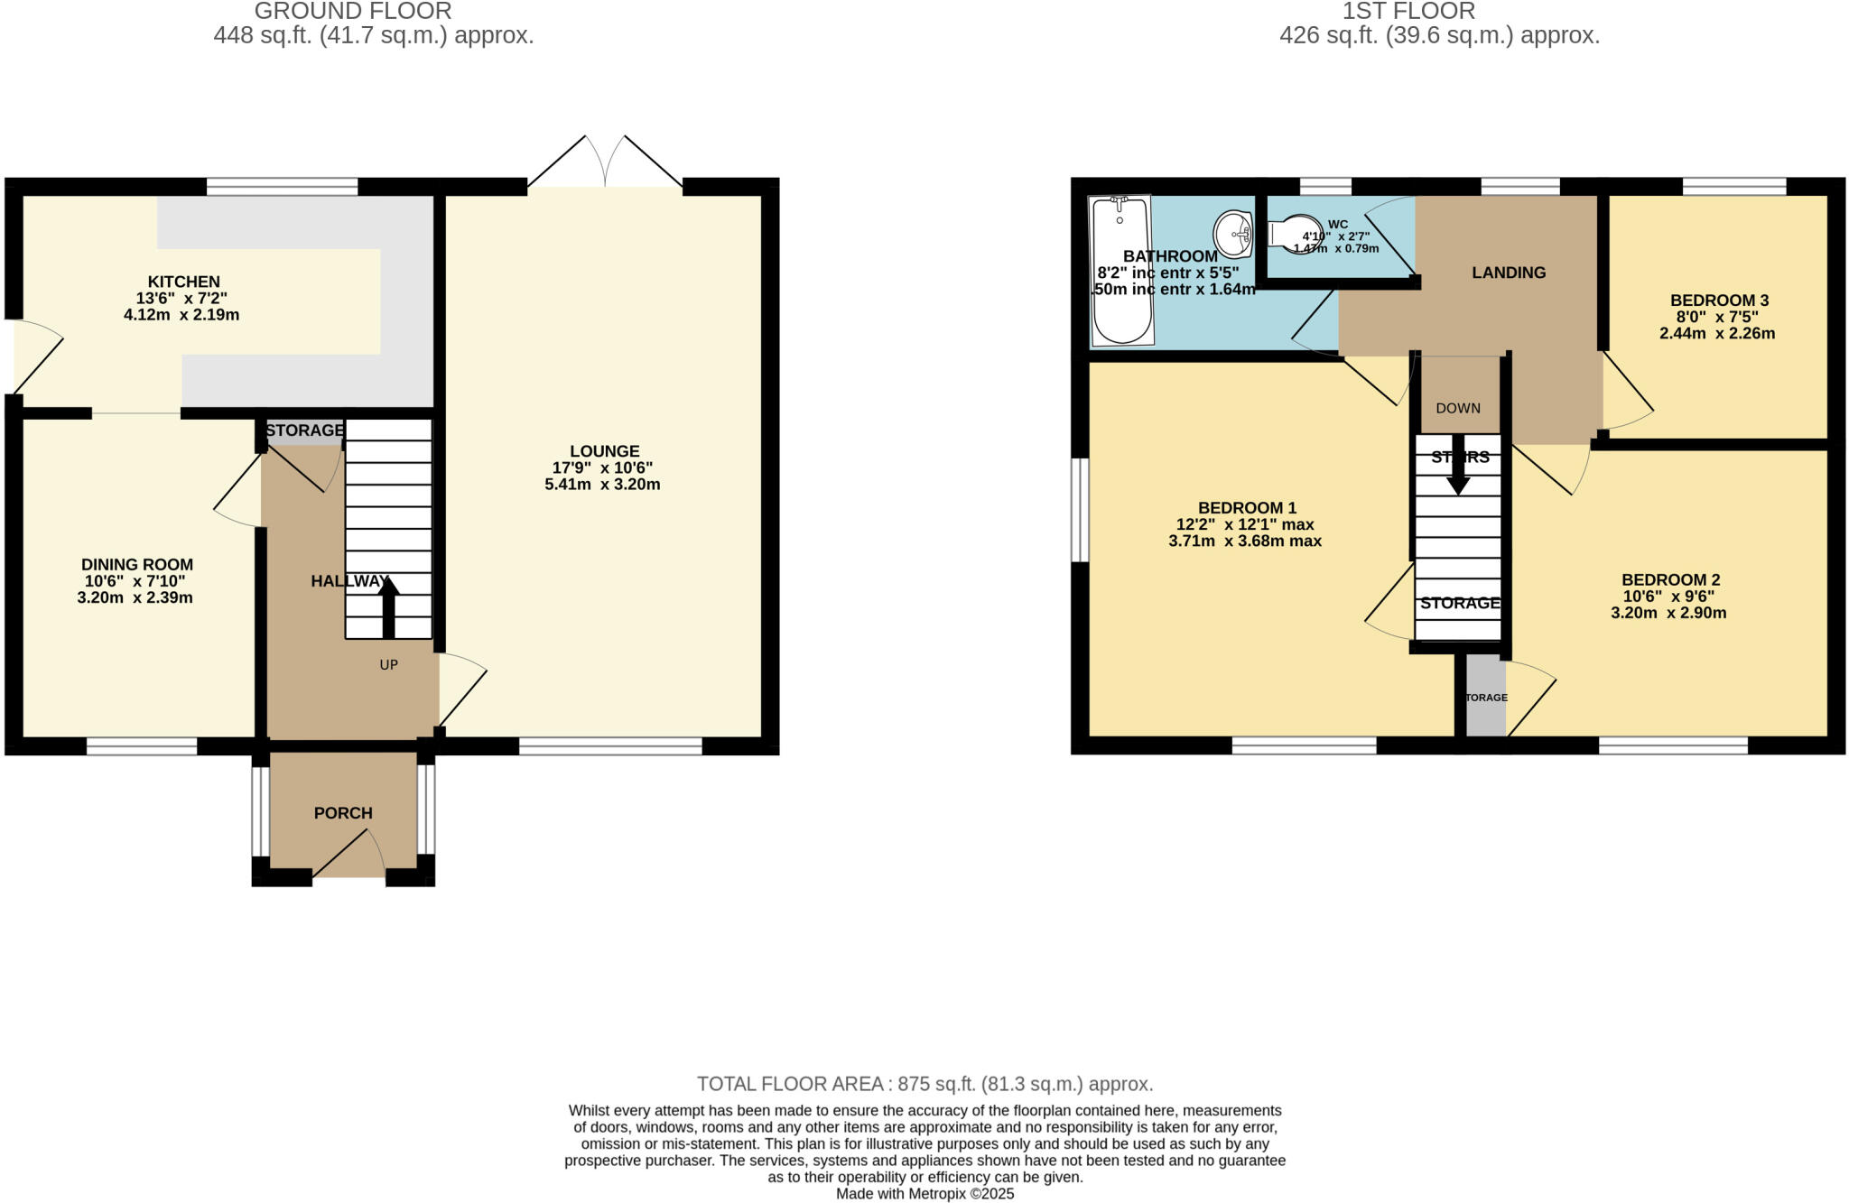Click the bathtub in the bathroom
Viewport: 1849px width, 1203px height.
pos(1121,271)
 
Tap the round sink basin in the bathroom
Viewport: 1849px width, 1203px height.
pos(1231,234)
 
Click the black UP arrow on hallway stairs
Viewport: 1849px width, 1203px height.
pos(388,607)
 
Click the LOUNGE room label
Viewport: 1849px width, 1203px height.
pos(604,451)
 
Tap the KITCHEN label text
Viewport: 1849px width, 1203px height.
pos(184,282)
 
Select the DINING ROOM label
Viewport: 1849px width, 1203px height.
pos(137,564)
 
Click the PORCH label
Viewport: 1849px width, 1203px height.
pos(343,813)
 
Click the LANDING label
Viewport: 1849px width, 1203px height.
pos(1509,273)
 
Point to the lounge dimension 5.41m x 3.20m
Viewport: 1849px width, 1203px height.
pos(602,485)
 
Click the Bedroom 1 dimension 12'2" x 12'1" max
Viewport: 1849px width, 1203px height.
pos(1244,524)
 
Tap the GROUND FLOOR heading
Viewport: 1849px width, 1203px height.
pos(353,12)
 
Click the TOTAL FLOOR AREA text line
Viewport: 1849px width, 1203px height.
pos(924,1084)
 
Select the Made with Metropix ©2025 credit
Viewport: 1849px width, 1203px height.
pos(924,1194)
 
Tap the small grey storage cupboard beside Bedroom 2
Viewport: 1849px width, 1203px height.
pos(1485,697)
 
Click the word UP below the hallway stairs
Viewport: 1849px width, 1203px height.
pos(388,665)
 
